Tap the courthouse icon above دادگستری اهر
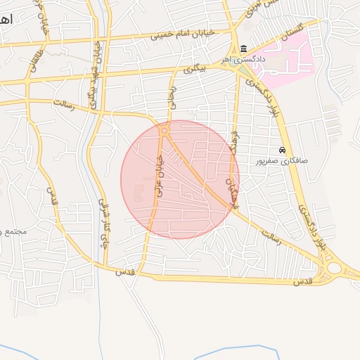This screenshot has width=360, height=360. [x=243, y=49]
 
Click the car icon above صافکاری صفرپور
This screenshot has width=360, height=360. [x=282, y=150]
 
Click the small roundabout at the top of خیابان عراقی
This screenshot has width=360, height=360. [x=164, y=131]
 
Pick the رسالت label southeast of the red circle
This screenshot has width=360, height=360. [x=271, y=236]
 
